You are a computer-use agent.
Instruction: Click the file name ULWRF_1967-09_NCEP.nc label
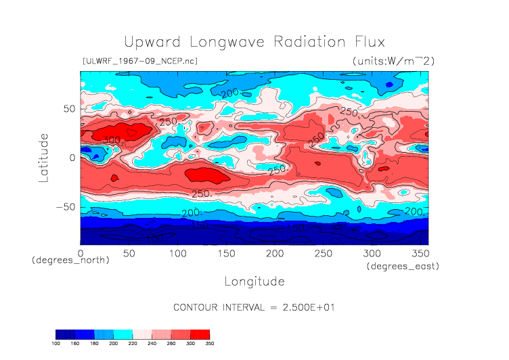click(x=140, y=62)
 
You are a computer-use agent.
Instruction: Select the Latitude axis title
click(x=44, y=157)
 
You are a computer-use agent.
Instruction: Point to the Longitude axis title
click(x=255, y=281)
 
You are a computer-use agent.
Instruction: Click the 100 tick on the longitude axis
click(x=177, y=253)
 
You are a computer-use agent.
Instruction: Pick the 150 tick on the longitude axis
click(x=226, y=253)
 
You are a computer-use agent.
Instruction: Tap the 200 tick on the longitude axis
click(x=274, y=253)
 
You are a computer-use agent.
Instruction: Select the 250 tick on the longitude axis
click(x=323, y=253)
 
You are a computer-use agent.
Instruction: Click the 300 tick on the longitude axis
click(x=371, y=253)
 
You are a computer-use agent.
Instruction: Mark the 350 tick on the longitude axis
click(x=419, y=253)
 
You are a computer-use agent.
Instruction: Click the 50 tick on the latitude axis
click(x=68, y=109)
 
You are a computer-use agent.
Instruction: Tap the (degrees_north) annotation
click(x=70, y=260)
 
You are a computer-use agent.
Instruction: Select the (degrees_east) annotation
click(x=403, y=267)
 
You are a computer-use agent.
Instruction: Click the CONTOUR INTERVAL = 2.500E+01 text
click(x=255, y=307)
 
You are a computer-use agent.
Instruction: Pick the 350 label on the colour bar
click(x=209, y=343)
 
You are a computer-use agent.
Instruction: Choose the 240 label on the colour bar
click(x=152, y=343)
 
